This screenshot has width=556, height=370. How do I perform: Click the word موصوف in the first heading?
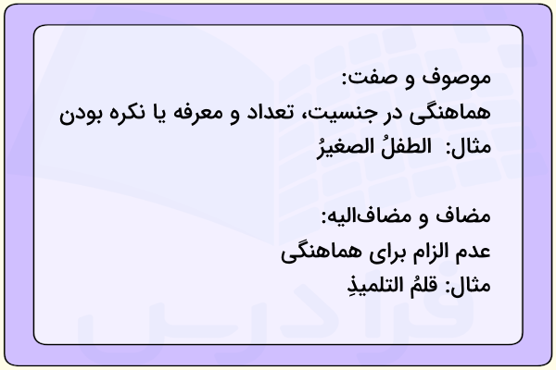[x=456, y=79]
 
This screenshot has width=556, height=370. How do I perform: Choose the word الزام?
[x=429, y=252]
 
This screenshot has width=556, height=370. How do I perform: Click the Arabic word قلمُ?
[x=423, y=286]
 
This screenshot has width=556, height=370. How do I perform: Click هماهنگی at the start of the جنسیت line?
[x=450, y=113]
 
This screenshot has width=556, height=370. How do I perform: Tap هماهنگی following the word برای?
[x=322, y=253]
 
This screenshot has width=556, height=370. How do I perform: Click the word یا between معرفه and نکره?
[x=158, y=114]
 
